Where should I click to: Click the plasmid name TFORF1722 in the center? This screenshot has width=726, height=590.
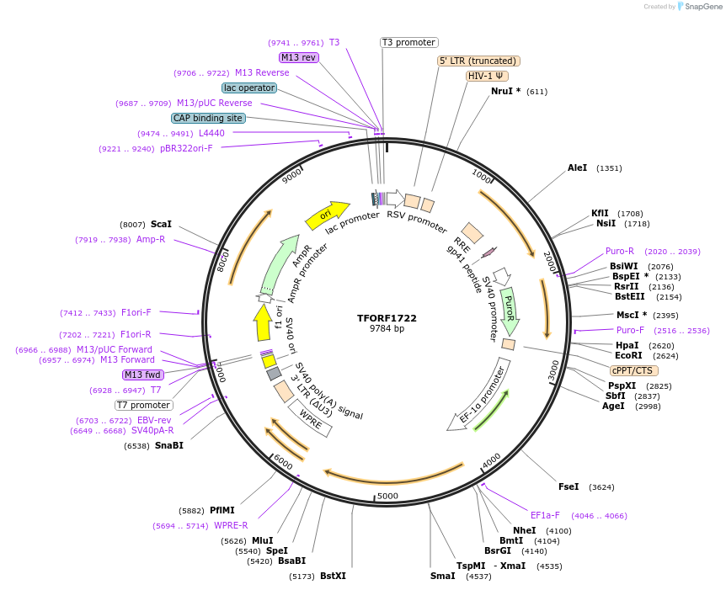[387, 318]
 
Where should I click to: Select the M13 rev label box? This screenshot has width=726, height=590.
[299, 57]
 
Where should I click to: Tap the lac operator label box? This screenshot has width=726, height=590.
[249, 88]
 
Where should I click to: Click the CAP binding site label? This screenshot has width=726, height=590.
[208, 118]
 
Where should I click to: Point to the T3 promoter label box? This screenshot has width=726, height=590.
[409, 42]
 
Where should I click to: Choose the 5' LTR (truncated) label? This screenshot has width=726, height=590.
[479, 61]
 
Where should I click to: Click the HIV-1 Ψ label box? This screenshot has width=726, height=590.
[488, 76]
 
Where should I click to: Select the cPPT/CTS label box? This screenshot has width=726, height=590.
[634, 370]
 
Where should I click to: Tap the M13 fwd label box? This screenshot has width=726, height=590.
[143, 375]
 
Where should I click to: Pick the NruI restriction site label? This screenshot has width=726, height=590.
[505, 92]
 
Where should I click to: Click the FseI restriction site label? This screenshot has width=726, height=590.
[569, 486]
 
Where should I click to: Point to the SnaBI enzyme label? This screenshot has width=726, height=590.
[168, 445]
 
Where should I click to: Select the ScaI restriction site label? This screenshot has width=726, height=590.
[161, 225]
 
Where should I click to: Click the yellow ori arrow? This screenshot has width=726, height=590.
[327, 215]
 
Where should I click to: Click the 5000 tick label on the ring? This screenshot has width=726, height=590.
[387, 496]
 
